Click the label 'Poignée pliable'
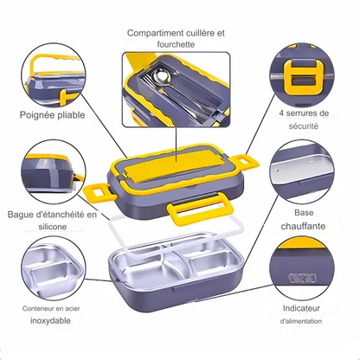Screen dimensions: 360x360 coord(52,115)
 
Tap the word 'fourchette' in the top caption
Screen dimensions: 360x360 coord(176,44)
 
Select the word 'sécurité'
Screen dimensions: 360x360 coord(304,126)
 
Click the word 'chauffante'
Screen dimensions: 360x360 coord(303,226)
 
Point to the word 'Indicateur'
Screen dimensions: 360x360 coord(301,308)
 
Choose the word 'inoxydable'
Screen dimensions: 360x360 coord(50,320)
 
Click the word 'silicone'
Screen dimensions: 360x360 coord(53,227)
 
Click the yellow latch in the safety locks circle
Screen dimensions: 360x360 coord(304,78)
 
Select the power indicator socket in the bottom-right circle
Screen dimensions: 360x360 coord(302,278)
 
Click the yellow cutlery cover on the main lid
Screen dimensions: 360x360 coord(170,165)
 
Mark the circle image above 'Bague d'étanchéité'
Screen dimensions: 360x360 coord(54,172)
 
